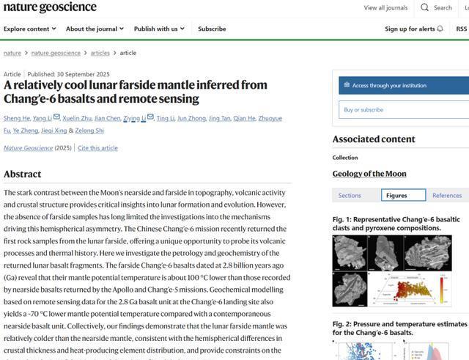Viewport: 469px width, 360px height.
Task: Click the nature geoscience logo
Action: point(50,7)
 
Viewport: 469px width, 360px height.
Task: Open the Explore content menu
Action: point(29,29)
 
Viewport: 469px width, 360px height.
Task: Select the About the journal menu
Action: point(95,29)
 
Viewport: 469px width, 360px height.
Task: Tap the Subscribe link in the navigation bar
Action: point(212,29)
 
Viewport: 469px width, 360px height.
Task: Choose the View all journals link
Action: point(385,8)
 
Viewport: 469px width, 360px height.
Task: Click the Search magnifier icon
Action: point(425,8)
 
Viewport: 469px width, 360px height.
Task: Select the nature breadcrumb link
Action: point(12,53)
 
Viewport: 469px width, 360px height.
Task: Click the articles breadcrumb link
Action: point(100,53)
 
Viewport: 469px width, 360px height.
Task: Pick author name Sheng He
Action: point(16,118)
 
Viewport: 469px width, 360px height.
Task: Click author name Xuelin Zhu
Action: point(76,118)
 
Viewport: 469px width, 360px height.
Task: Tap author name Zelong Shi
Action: point(90,131)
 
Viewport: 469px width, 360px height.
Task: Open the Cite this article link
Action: point(97,148)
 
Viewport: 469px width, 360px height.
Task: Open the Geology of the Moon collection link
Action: point(369,174)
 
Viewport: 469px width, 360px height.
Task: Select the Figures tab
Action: point(403,195)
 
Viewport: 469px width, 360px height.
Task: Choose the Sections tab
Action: point(350,195)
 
